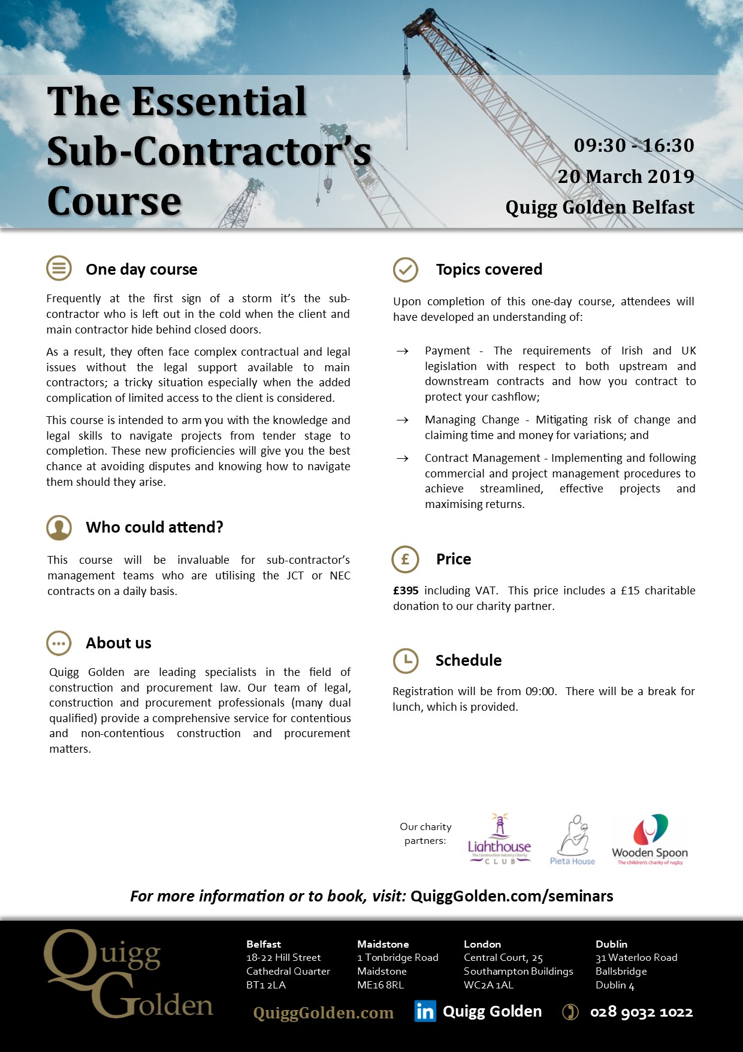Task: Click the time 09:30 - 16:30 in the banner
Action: (634, 145)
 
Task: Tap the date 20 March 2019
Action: (626, 176)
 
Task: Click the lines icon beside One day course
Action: (59, 269)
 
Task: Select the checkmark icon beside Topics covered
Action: (405, 270)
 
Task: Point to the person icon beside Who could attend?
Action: (59, 528)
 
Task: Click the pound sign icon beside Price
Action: (405, 559)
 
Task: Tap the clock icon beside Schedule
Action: (405, 660)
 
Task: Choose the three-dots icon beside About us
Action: (59, 644)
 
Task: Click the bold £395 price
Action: (406, 591)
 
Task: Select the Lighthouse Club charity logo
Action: (499, 840)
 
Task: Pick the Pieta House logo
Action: (573, 840)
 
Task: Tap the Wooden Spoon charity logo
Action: (650, 840)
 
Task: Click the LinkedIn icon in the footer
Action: (425, 1012)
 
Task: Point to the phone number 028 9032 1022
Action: (641, 1012)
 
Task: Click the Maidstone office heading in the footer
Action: (383, 944)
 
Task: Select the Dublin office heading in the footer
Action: (611, 944)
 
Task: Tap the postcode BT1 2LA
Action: (266, 985)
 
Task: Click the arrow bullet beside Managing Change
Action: (403, 420)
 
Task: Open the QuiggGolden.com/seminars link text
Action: (512, 896)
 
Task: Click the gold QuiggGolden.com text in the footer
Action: (324, 1013)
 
